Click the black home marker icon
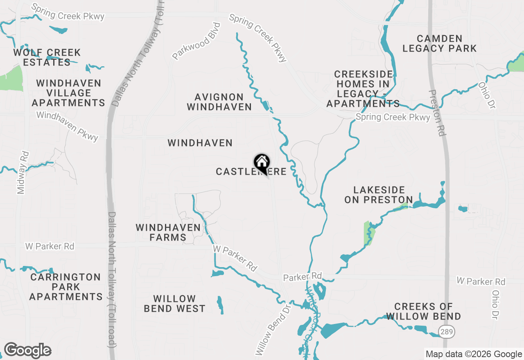tap(262, 163)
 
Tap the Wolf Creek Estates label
tap(47, 58)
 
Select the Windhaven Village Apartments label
tap(68, 93)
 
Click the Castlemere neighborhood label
tap(251, 172)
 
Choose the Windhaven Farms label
tap(168, 232)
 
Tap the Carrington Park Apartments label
tap(66, 287)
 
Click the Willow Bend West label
tap(174, 304)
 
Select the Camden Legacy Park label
tap(439, 43)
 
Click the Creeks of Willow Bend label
tap(424, 311)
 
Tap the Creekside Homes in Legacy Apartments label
tap(363, 89)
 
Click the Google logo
tap(27, 351)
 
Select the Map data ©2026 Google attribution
tap(474, 354)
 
